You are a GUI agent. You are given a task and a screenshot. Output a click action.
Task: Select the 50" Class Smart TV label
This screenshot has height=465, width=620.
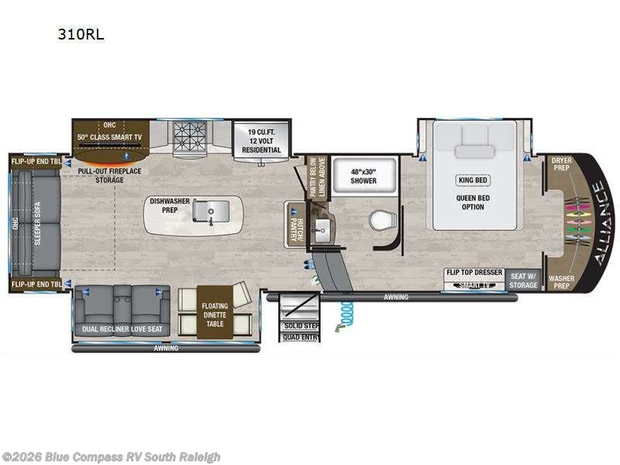pos(110,136)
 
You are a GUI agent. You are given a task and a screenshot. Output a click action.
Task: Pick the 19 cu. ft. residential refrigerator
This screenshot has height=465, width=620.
pos(262,140)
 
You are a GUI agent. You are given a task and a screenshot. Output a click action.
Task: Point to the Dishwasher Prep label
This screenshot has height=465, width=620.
pos(170,205)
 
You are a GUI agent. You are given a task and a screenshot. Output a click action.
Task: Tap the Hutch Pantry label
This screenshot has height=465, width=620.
pos(294,225)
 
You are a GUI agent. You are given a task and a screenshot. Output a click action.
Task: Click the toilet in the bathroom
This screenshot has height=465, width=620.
pos(381,221)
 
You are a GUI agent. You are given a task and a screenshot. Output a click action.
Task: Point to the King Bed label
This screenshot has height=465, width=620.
pos(472,180)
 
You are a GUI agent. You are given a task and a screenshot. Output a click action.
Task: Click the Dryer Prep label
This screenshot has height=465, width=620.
pos(561,164)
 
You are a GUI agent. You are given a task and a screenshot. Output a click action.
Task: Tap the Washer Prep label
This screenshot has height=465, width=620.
pos(561,281)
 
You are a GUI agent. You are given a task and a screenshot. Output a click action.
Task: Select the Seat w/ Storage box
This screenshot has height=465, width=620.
pos(523,280)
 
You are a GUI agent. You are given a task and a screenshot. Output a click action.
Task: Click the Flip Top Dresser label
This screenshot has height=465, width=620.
pos(474,273)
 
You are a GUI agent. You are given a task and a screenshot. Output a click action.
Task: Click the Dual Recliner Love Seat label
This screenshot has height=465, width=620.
pos(122,329)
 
